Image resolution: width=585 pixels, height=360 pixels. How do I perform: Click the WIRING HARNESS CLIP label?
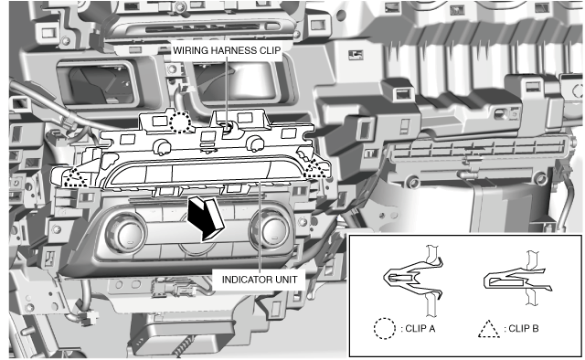227,50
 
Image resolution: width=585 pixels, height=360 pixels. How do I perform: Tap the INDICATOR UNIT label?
260,280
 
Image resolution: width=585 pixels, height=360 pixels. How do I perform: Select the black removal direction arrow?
206,219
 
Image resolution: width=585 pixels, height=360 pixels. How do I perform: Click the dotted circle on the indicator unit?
180,122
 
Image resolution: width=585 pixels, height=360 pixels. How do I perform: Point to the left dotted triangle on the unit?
75,179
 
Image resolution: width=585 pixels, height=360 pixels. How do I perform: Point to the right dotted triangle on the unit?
315,169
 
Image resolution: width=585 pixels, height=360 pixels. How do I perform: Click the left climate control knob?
126,231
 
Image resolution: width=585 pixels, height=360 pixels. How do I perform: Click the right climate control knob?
270,228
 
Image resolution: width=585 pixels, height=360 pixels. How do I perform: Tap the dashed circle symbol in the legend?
384,329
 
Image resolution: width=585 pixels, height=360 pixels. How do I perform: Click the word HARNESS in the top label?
235,50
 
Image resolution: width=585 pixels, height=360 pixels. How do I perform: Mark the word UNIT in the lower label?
287,280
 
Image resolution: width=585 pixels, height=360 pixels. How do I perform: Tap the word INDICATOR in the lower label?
248,280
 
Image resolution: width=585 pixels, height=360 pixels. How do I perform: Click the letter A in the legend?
431,329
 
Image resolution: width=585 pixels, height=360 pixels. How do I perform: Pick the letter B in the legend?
536,329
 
